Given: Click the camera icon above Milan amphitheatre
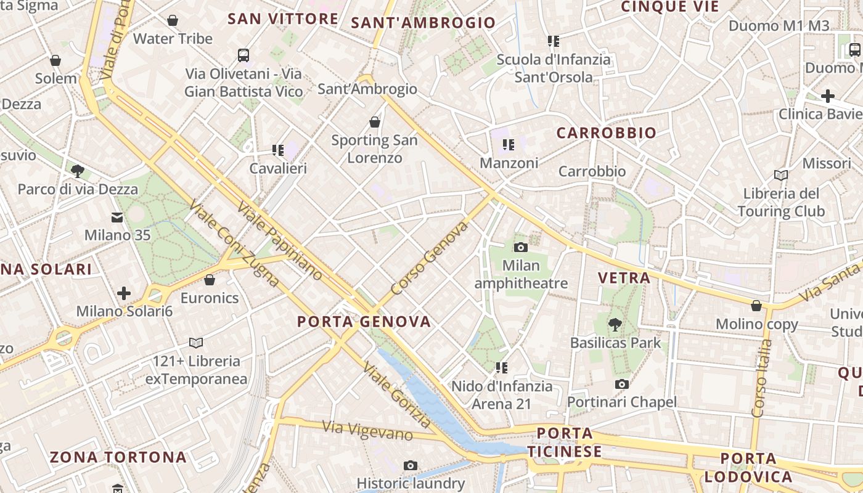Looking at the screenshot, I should tap(521, 248).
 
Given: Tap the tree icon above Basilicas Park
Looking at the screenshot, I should tap(614, 324).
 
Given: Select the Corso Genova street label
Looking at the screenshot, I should tap(430, 258).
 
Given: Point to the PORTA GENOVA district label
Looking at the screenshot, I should tap(364, 322).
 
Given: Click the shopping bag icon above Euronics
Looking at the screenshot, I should tap(210, 280).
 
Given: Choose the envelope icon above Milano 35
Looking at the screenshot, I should tap(117, 217).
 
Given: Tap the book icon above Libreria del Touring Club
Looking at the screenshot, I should tap(781, 175).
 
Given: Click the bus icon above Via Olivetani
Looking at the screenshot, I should tap(243, 55).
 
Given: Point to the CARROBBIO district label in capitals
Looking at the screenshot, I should tap(606, 133).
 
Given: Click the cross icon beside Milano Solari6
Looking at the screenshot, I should tap(124, 293).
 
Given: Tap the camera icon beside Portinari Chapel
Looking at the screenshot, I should tap(621, 385).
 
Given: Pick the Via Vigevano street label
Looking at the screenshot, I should tap(367, 430).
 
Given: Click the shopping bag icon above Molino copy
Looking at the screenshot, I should tap(756, 306).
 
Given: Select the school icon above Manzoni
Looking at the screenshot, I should tap(509, 145).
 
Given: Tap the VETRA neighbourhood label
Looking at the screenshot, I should tap(624, 278).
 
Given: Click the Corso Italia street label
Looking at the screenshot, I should tap(761, 378).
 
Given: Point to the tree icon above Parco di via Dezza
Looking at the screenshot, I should tap(78, 171).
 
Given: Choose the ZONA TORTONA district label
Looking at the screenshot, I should tap(118, 457).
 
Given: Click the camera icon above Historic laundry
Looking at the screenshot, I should tap(411, 465).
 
